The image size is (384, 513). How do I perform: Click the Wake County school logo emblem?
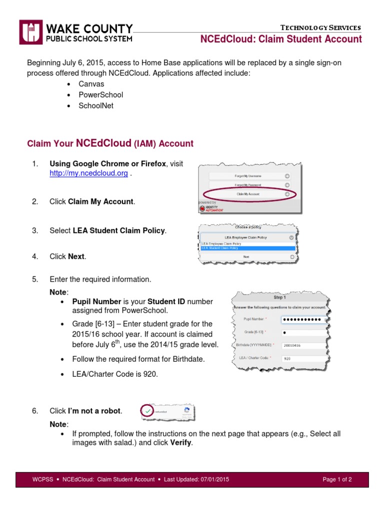point(31,32)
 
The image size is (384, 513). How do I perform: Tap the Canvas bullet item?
point(91,84)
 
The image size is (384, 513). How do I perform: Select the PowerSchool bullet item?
point(100,95)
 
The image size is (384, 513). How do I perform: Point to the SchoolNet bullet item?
point(96,106)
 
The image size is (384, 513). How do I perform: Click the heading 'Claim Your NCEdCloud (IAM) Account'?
point(110,143)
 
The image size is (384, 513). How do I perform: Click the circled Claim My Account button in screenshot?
point(248,194)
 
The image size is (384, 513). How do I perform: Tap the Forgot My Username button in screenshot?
point(248,176)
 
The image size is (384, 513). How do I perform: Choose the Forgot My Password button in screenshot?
point(248,185)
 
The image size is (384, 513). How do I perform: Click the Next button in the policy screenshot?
point(246,256)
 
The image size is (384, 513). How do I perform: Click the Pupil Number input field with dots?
point(302,319)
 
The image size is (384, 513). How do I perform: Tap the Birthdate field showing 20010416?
point(302,345)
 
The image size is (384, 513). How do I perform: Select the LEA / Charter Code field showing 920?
point(302,358)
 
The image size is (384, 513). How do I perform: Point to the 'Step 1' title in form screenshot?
point(279,297)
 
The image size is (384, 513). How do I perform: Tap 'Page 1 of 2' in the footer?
point(337,479)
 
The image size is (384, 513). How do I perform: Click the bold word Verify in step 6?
point(180,443)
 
